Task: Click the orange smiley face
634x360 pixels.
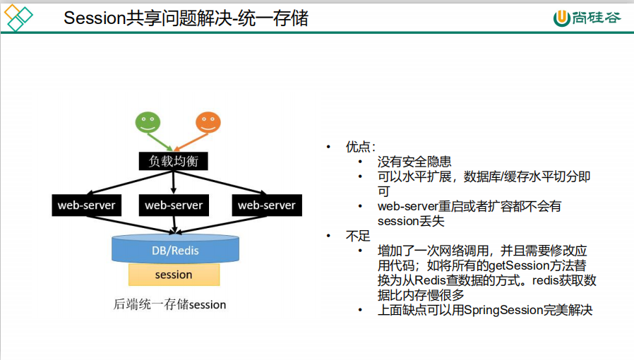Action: coord(208,124)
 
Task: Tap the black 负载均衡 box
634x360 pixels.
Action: coord(174,161)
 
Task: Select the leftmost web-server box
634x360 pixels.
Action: coord(86,205)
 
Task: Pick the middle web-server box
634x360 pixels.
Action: coord(174,205)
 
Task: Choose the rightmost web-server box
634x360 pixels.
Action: coord(266,205)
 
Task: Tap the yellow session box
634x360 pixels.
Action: coord(174,275)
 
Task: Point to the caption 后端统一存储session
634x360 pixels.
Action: coord(169,305)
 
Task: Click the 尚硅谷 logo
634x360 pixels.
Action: coord(587,18)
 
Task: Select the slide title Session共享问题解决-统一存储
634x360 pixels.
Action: coord(186,19)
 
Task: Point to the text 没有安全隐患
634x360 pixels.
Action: coord(414,162)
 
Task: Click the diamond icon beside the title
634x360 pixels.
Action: coord(19,18)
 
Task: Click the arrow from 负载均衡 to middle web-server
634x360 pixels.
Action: coord(174,182)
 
